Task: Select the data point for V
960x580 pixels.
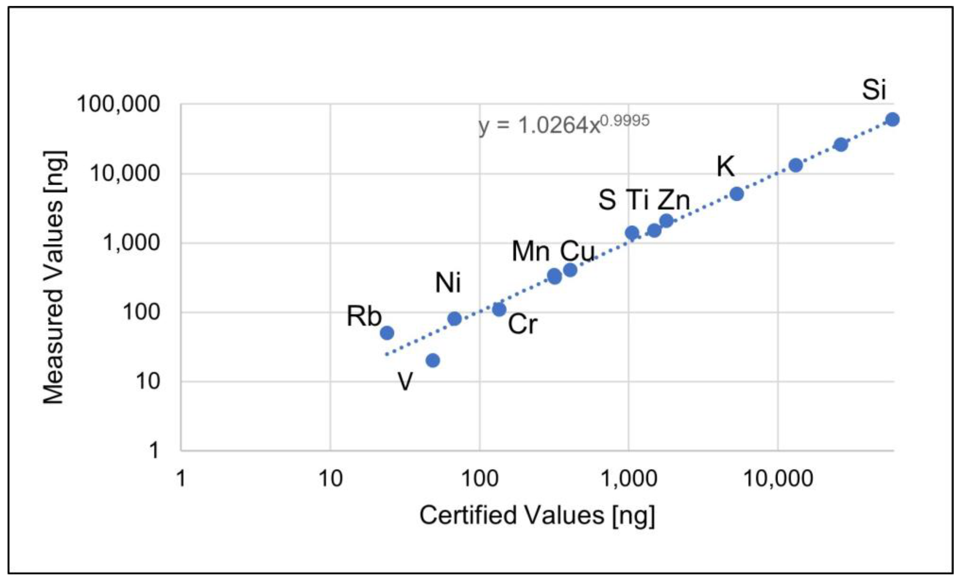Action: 433,360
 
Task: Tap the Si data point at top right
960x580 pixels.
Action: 893,120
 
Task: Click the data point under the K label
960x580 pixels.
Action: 736,194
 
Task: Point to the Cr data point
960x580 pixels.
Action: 499,310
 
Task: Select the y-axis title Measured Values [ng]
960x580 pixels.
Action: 54,277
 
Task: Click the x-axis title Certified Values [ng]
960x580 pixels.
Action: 537,515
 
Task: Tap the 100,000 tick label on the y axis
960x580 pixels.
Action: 118,105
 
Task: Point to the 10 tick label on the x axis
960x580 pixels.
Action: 330,478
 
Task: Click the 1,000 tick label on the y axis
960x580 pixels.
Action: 131,243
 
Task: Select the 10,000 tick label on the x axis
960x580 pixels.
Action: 778,478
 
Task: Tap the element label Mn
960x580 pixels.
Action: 530,251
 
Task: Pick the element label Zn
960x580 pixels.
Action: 673,200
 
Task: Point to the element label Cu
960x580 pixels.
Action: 577,251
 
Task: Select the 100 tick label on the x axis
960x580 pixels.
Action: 480,478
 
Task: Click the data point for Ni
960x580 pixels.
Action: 454,319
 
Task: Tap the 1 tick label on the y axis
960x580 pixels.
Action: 154,451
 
